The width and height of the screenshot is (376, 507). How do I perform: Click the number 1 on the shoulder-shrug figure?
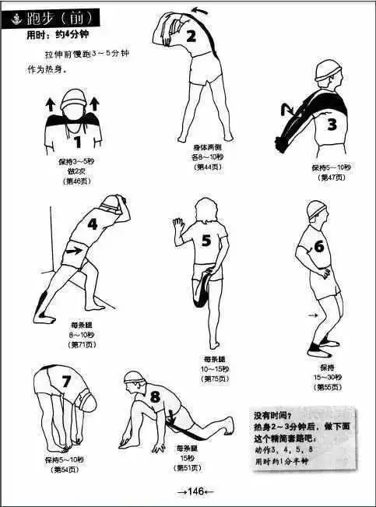pyautogui.click(x=77, y=142)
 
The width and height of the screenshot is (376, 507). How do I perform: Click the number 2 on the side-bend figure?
pyautogui.click(x=191, y=36)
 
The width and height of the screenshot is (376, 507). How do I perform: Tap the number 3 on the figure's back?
pyautogui.click(x=331, y=124)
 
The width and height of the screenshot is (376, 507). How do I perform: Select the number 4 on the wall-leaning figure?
pyautogui.click(x=93, y=225)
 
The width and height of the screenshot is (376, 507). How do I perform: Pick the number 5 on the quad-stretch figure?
pyautogui.click(x=206, y=241)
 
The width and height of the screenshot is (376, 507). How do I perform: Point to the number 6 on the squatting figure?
pyautogui.click(x=318, y=247)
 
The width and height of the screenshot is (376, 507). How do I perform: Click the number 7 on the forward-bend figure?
pyautogui.click(x=66, y=381)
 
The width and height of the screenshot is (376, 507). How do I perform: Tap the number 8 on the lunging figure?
pyautogui.click(x=155, y=397)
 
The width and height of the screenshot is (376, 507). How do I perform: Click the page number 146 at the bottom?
pyautogui.click(x=190, y=491)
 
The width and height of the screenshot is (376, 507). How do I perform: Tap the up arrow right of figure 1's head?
pyautogui.click(x=94, y=103)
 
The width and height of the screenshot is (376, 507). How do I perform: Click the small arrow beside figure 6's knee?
pyautogui.click(x=314, y=315)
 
